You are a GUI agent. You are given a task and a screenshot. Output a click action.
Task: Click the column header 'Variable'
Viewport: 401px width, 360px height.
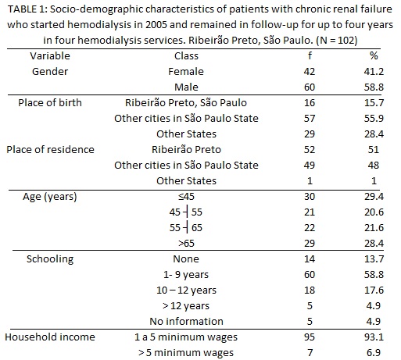pos(50,56)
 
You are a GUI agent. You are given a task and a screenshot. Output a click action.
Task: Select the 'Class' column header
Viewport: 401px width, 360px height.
pos(186,56)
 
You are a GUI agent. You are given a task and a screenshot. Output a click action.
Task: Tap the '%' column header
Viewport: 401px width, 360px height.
pos(374,55)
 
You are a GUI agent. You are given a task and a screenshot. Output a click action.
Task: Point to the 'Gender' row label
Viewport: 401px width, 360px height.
pos(50,72)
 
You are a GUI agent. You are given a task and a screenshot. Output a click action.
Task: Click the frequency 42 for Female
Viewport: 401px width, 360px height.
pos(310,72)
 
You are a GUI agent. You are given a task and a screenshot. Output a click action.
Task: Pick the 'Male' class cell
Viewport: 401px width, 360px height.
pos(186,87)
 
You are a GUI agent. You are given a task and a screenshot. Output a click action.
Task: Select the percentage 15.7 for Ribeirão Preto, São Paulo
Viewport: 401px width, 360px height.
pos(374,103)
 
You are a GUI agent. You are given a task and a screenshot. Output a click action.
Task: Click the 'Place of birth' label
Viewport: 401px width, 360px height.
pos(50,103)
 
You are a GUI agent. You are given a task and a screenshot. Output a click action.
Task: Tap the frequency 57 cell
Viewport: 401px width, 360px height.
pos(310,119)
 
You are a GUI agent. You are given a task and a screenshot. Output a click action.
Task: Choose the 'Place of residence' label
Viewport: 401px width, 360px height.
pos(50,150)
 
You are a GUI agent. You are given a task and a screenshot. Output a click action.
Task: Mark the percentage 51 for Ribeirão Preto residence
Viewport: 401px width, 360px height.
pos(374,150)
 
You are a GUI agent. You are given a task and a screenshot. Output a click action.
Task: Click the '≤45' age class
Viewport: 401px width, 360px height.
pos(186,197)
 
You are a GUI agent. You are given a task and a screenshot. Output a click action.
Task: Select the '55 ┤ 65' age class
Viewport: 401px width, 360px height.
pos(186,228)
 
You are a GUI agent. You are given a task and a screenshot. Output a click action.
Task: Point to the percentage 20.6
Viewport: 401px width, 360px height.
pos(374,212)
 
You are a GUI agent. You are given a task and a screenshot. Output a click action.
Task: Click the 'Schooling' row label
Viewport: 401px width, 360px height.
pos(50,259)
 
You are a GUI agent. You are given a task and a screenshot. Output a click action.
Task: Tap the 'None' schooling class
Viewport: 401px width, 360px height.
pos(186,259)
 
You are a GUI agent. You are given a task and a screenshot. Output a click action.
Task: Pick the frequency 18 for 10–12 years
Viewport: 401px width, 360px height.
pos(310,290)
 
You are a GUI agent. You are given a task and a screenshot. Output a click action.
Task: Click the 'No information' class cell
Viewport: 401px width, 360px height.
pos(186,322)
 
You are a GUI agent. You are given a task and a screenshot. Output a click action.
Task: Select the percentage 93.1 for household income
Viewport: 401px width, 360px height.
pos(374,337)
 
